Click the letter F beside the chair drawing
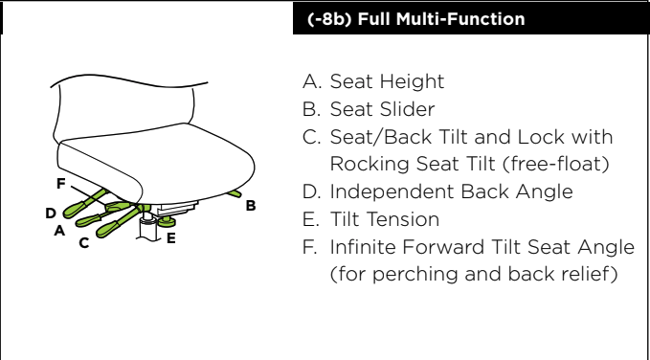(x=61, y=183)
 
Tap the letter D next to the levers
(x=51, y=214)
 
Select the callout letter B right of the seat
(x=251, y=206)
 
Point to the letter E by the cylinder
(x=170, y=238)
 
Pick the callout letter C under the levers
(x=84, y=242)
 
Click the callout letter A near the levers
(x=59, y=230)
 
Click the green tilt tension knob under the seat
(x=167, y=221)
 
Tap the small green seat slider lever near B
(x=235, y=193)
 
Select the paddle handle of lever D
(x=75, y=209)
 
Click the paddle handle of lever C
(x=106, y=229)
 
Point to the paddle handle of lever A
(x=87, y=220)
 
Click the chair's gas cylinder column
(x=148, y=226)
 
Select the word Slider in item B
(x=409, y=109)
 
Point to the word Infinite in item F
(x=362, y=247)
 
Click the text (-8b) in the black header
(x=329, y=19)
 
